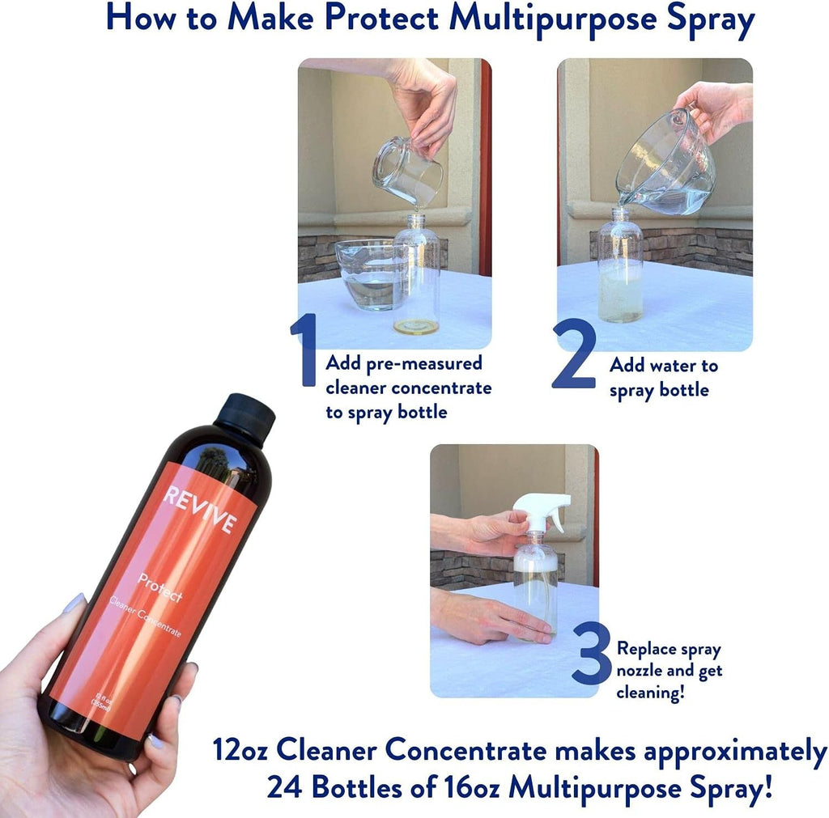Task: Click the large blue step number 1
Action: (x=304, y=350)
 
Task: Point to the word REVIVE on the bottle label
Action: (x=200, y=509)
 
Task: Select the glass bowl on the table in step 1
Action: (x=367, y=273)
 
